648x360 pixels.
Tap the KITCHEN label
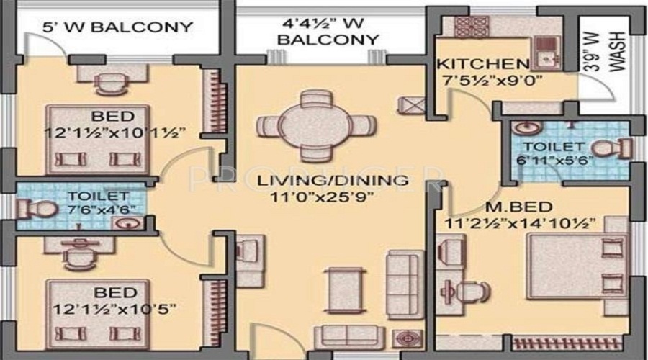[x=483, y=64]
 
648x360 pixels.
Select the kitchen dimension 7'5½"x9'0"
[x=492, y=80]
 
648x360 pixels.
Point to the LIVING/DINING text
[x=333, y=181]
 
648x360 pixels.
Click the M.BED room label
[x=518, y=207]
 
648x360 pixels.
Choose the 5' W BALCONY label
[x=118, y=27]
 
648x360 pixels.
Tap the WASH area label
[x=618, y=51]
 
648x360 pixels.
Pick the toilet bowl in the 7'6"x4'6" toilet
[x=37, y=209]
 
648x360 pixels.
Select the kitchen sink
[x=546, y=53]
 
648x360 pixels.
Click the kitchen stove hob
[x=472, y=27]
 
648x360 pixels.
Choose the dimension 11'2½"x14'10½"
[x=520, y=224]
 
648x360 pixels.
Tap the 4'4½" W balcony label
[x=328, y=32]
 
